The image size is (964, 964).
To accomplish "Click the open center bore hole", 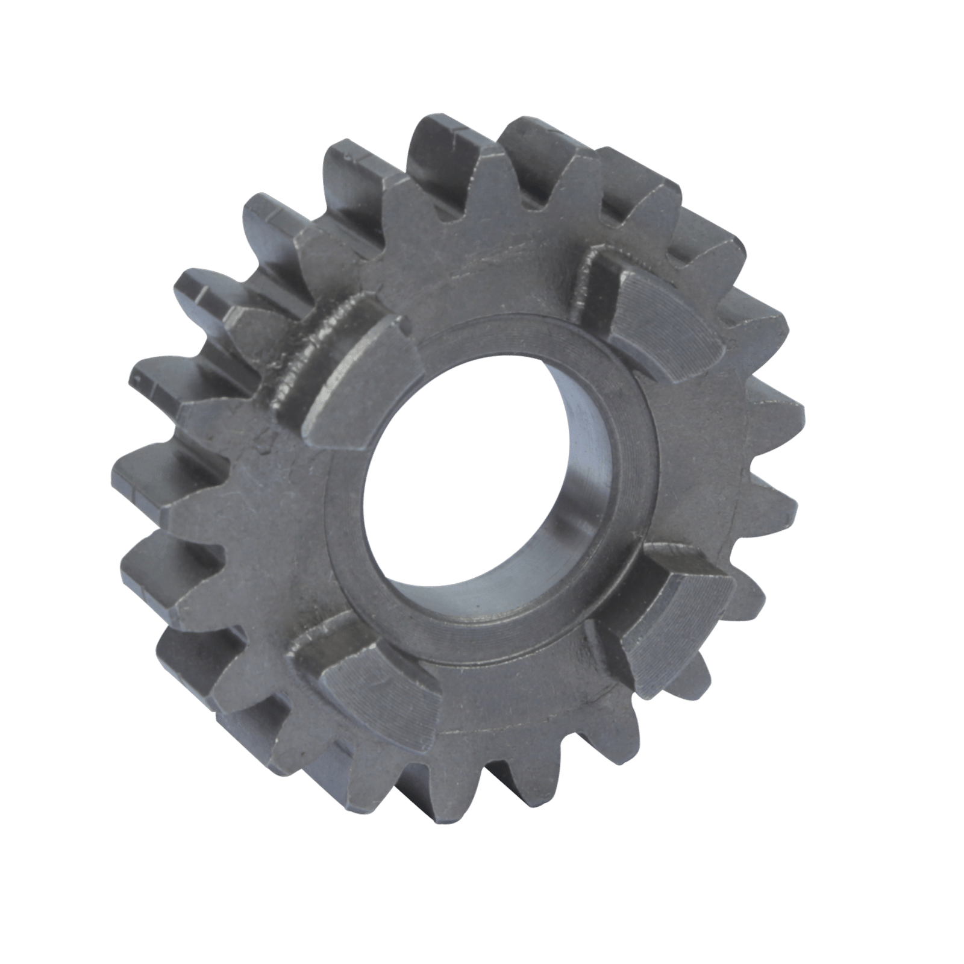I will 458,482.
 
